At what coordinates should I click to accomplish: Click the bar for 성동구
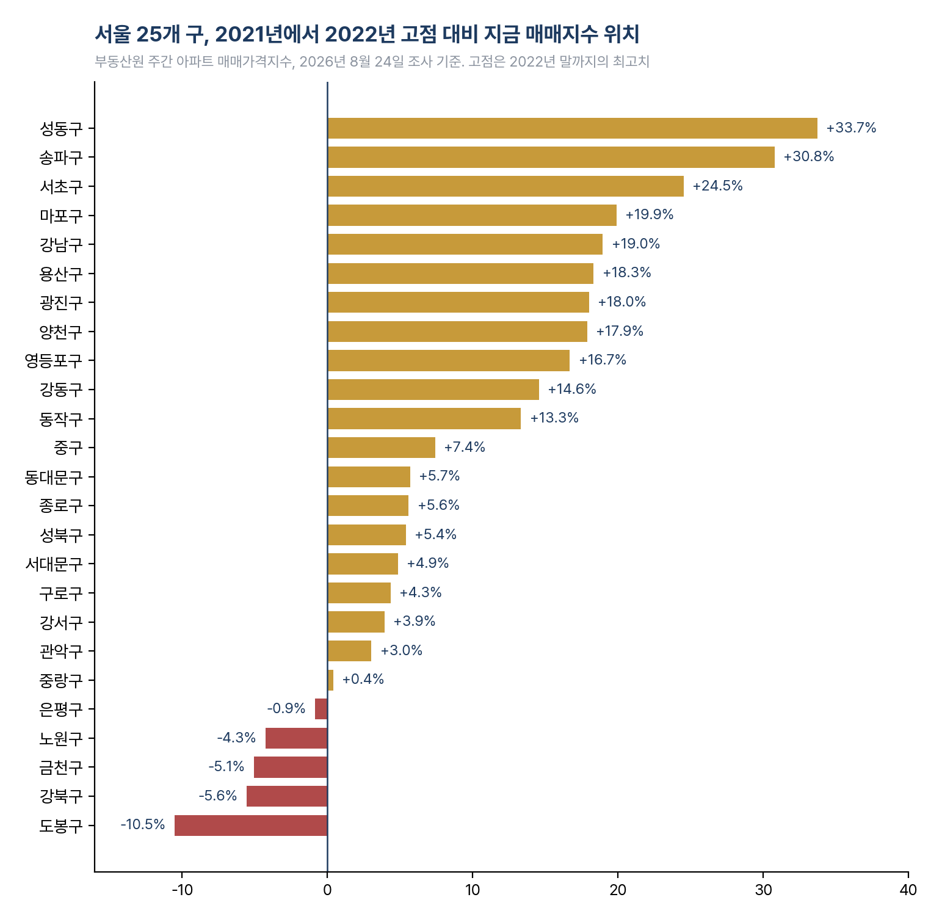[572, 128]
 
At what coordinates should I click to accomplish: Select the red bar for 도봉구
[251, 826]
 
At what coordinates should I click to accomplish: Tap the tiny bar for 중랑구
[330, 680]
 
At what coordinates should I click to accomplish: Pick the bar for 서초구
[505, 186]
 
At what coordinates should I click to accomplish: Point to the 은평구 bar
[321, 709]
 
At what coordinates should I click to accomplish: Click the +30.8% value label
[809, 157]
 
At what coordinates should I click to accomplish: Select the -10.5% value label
[143, 825]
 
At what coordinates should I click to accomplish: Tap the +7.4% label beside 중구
[465, 448]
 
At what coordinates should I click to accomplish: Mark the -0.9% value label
[286, 709]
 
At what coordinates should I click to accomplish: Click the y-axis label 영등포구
[53, 361]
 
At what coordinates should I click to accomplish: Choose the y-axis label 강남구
[61, 245]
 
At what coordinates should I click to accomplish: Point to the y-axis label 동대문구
[53, 477]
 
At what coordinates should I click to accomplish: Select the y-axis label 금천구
[61, 768]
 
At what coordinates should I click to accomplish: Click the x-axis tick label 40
[908, 890]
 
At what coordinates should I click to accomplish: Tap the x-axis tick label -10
[182, 890]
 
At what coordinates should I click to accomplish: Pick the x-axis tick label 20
[618, 890]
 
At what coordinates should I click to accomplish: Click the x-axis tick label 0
[327, 890]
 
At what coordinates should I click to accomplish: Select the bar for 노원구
[297, 738]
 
